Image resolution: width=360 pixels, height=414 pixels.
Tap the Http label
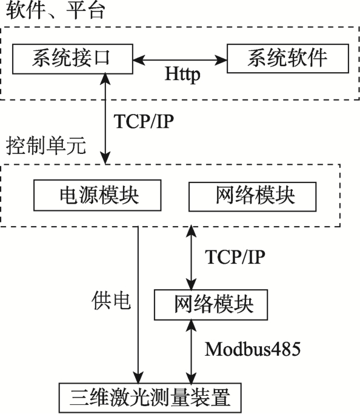[182, 74]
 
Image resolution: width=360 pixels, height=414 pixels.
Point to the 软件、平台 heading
[55, 10]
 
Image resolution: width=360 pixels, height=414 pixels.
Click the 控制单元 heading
[45, 145]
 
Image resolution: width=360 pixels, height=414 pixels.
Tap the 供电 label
[111, 301]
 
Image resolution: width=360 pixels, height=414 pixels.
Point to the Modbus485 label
[253, 349]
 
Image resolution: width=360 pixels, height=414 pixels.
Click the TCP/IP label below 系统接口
[144, 121]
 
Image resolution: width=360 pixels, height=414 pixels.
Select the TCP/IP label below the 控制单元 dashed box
[235, 257]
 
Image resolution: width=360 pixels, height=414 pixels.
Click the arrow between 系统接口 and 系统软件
[180, 60]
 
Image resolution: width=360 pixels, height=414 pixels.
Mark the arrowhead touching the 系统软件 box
[221, 60]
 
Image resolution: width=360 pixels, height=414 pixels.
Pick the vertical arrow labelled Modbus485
[191, 352]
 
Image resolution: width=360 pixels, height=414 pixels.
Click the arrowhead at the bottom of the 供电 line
[138, 378]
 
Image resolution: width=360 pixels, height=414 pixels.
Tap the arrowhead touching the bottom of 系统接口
[106, 79]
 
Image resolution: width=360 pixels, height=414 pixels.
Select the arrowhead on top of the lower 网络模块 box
[191, 284]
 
